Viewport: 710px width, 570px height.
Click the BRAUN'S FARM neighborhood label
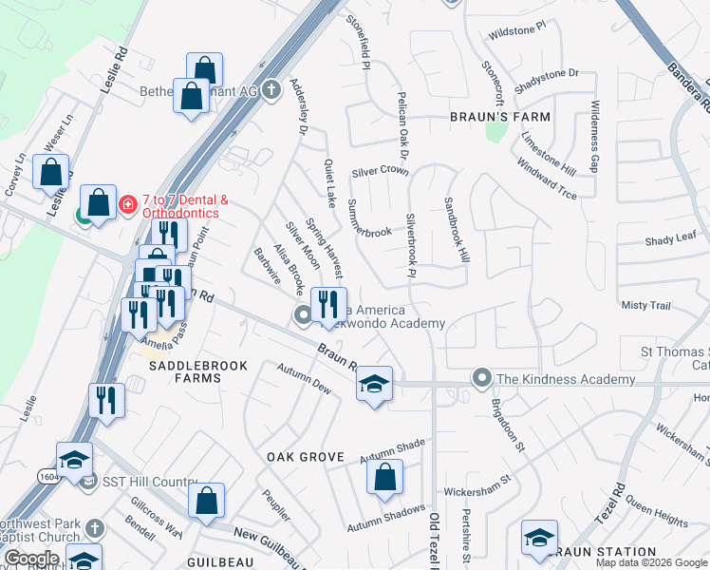pyautogui.click(x=499, y=117)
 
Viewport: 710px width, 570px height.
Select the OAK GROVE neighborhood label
pyautogui.click(x=304, y=457)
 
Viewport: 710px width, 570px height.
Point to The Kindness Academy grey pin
pyautogui.click(x=482, y=379)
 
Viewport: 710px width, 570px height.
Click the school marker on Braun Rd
pyautogui.click(x=374, y=384)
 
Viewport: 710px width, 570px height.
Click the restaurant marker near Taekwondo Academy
pyautogui.click(x=328, y=304)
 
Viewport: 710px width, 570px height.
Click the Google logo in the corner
pyautogui.click(x=30, y=559)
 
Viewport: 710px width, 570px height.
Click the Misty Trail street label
pyautogui.click(x=645, y=306)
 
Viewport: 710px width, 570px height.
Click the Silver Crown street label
pyautogui.click(x=380, y=172)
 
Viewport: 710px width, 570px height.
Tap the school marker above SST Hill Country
pyautogui.click(x=74, y=460)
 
